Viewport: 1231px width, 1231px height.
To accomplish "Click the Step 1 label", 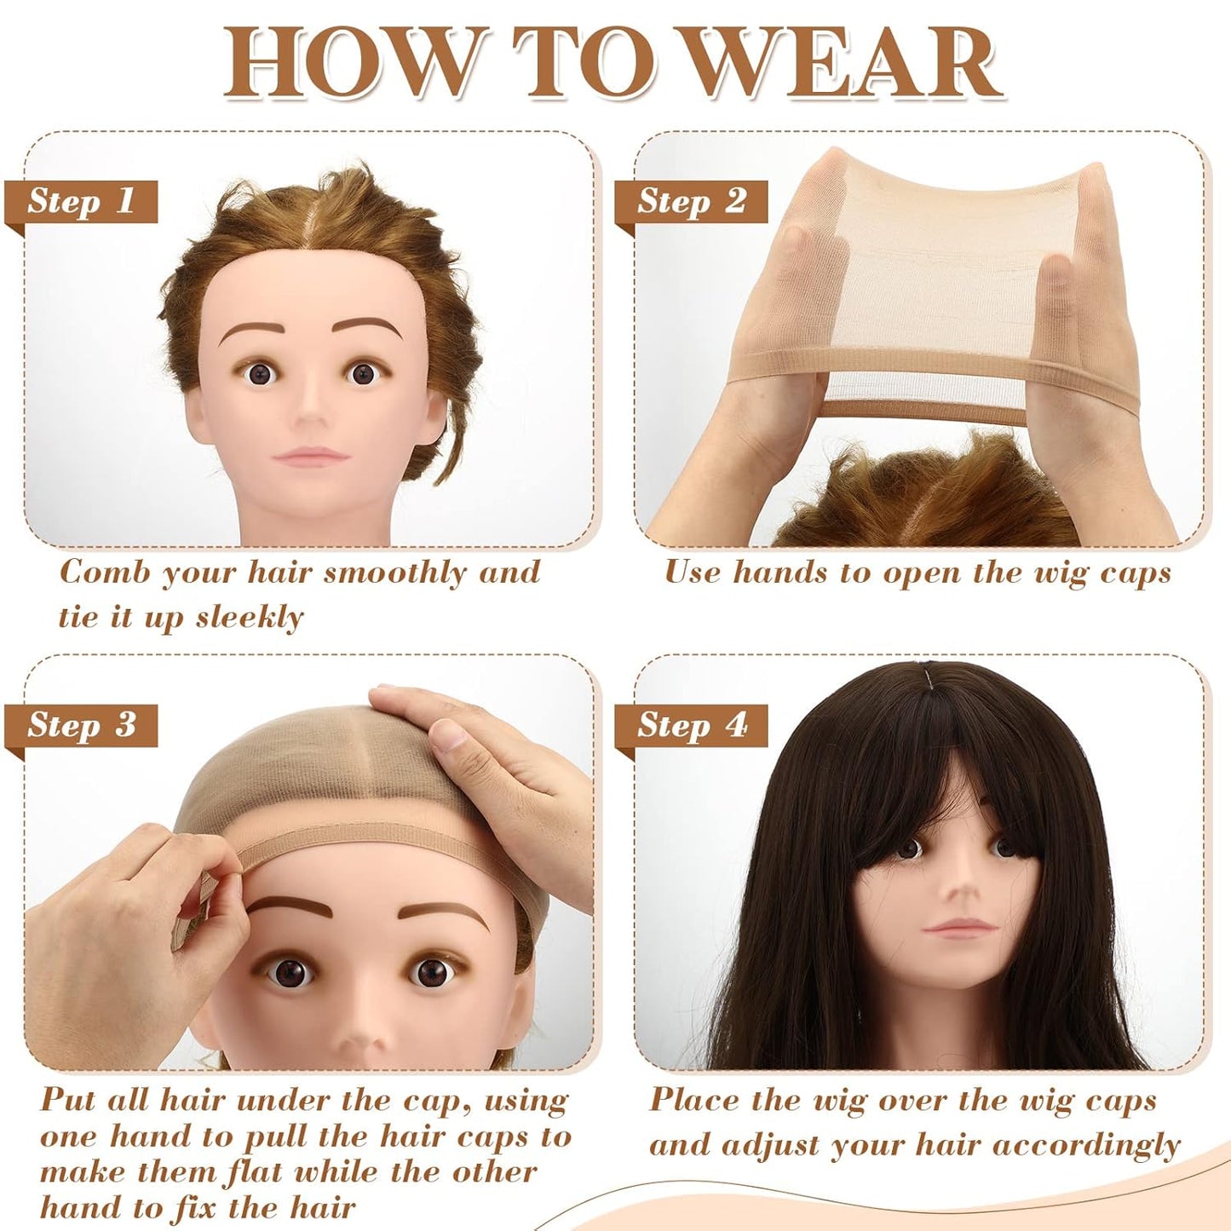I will click(81, 202).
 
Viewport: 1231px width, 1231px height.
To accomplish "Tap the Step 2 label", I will click(691, 202).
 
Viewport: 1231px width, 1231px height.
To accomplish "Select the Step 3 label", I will click(81, 725).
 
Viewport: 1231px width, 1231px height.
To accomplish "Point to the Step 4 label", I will click(691, 725).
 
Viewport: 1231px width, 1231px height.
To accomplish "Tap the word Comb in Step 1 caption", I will click(103, 572).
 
